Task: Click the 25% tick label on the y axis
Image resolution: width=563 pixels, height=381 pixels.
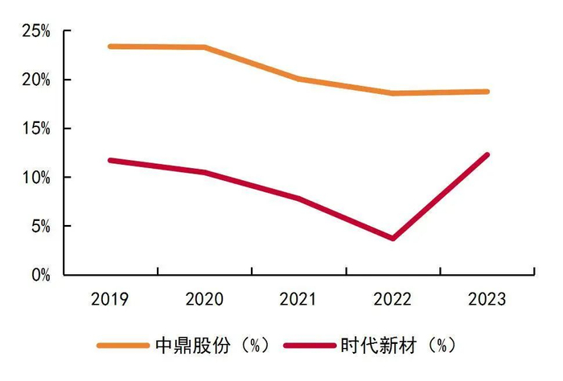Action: click(x=36, y=31)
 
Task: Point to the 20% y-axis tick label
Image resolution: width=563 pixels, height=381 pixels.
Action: click(x=36, y=80)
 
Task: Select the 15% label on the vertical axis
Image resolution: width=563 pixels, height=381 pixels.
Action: click(x=36, y=129)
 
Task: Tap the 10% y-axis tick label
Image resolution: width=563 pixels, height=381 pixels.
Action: click(x=36, y=178)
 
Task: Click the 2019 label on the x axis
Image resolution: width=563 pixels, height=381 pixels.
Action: click(x=110, y=300)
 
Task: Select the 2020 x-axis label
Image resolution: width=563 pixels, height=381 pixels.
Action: click(x=204, y=300)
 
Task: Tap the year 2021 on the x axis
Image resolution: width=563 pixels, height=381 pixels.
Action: click(x=298, y=300)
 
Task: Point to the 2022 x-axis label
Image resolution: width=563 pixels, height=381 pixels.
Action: click(x=392, y=300)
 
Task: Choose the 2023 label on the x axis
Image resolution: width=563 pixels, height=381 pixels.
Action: click(x=487, y=300)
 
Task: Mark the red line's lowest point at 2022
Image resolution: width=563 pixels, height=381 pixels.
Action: click(x=392, y=238)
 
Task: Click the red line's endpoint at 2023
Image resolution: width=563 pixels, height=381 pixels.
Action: click(x=487, y=155)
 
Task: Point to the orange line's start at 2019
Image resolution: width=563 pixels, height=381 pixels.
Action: click(x=110, y=46)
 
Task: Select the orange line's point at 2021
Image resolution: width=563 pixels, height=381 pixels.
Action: click(x=298, y=79)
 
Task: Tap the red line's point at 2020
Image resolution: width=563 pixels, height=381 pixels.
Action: click(x=204, y=172)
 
